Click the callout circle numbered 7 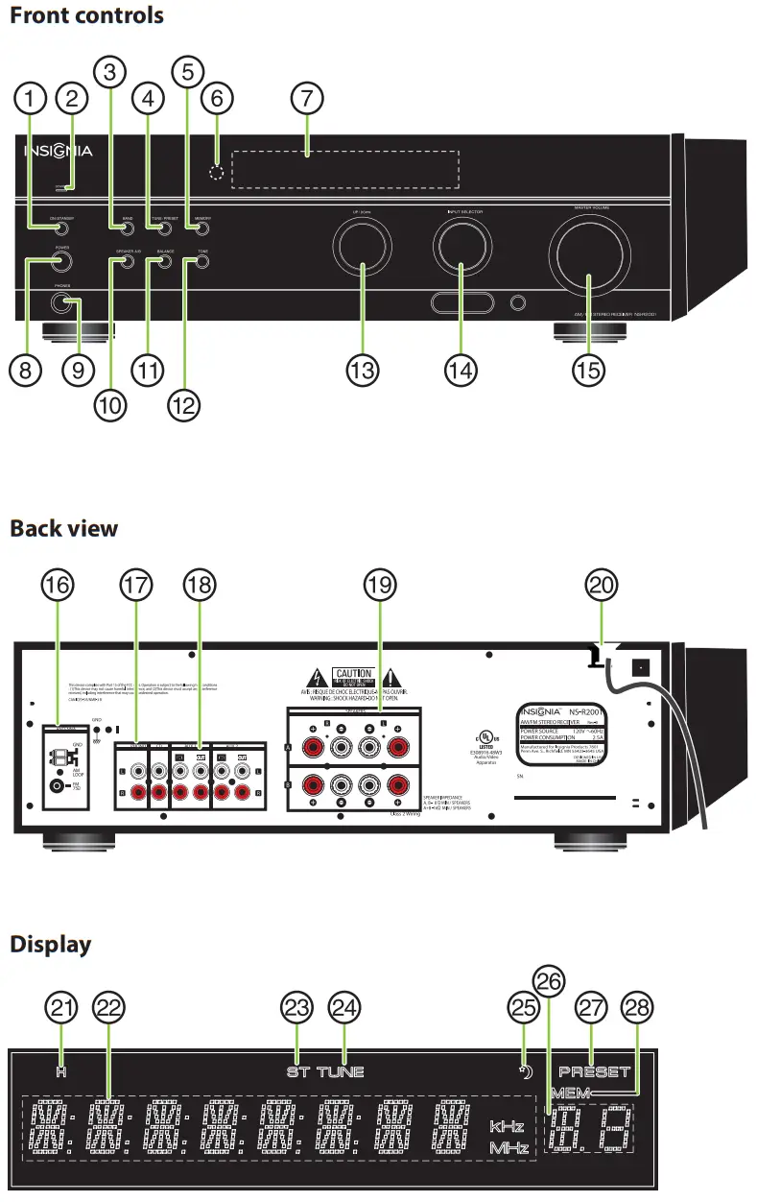point(306,98)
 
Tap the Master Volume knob point(587,256)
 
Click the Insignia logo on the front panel point(59,151)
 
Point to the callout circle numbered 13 point(362,372)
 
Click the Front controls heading point(86,15)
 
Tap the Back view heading point(64,528)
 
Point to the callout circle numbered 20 point(603,585)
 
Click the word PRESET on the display point(595,1071)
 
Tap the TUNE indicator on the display point(342,1071)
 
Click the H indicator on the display point(60,1071)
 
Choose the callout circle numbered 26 point(547,981)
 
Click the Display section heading point(51,944)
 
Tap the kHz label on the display point(508,1125)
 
